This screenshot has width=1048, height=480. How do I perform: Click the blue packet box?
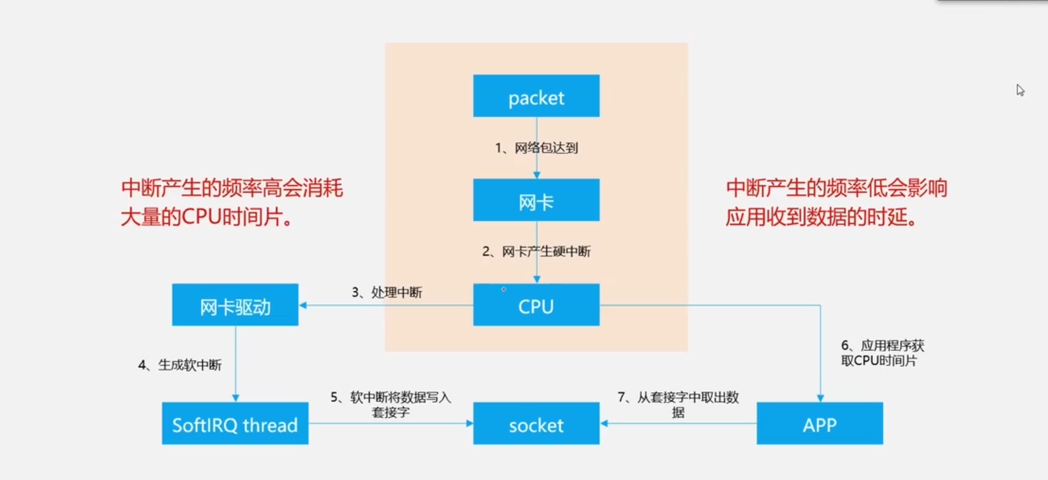[536, 96]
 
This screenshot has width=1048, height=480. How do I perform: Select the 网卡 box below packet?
[536, 200]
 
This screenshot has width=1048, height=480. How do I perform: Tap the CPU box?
[536, 305]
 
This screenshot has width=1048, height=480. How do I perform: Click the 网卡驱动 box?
[235, 305]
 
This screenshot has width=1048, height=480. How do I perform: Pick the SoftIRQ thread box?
[235, 423]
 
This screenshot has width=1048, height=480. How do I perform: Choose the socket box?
[536, 423]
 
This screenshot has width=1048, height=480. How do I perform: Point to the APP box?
[820, 423]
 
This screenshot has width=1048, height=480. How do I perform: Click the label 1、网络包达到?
[537, 148]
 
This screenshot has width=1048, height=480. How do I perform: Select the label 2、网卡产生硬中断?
[537, 251]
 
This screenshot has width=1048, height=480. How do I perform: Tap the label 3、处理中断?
[387, 293]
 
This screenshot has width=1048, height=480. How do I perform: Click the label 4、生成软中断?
[180, 365]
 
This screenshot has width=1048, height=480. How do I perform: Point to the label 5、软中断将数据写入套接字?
[391, 404]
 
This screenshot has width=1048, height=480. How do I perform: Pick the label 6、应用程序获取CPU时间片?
[882, 353]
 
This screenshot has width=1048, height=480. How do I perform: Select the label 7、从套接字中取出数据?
[678, 404]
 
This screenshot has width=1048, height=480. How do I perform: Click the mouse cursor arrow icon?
[1020, 90]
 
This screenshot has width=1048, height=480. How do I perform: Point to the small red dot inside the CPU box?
[503, 289]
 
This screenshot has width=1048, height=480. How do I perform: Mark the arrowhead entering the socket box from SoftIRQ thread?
[469, 423]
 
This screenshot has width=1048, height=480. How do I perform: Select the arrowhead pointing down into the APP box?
[820, 399]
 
